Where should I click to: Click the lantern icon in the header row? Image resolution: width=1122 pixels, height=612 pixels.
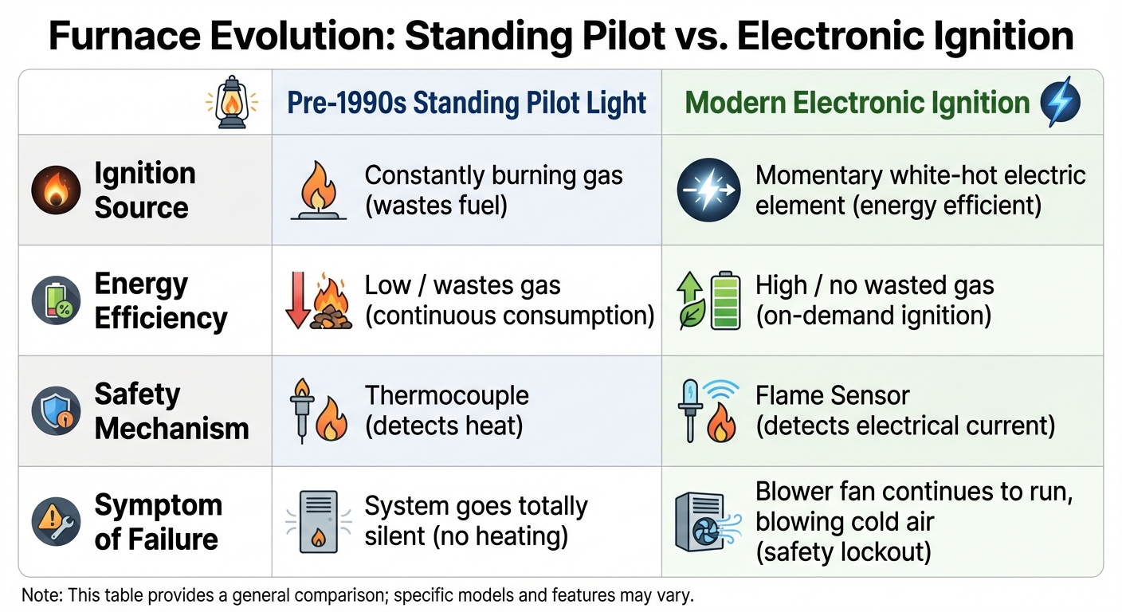click(232, 102)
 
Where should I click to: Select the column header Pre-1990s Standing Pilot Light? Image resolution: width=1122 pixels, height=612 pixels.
click(466, 103)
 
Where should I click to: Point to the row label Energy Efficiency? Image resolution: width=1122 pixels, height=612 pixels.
click(160, 300)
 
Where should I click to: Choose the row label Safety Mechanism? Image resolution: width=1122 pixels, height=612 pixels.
click(171, 410)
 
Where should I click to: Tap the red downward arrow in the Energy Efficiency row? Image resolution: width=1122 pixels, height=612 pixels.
click(296, 300)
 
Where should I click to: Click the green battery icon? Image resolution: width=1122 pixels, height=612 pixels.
click(725, 300)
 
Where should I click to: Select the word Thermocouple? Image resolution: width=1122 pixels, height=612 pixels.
click(446, 395)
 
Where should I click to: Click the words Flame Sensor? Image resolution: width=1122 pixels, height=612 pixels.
click(832, 395)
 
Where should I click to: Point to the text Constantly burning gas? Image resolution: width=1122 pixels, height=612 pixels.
click(493, 175)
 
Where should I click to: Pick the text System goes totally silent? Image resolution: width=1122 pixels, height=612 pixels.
click(476, 506)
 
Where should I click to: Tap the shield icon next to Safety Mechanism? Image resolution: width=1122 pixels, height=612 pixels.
click(56, 410)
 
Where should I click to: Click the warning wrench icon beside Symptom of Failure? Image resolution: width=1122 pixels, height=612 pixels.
click(56, 522)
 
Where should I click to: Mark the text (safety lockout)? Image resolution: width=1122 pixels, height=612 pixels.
click(843, 551)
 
